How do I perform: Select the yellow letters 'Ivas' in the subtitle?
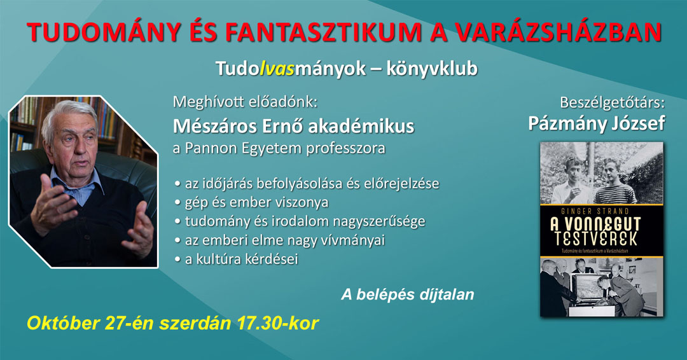tap(277, 69)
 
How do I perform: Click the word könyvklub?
tap(431, 69)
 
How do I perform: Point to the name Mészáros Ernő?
tap(239, 127)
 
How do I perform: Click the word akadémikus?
tap(361, 127)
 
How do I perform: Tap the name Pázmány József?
tap(596, 123)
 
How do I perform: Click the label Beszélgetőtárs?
tap(612, 102)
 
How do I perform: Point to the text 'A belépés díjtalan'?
tap(408, 294)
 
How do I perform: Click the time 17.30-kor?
tap(277, 323)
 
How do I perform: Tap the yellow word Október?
tap(64, 323)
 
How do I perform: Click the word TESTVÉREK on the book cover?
tap(596, 240)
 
